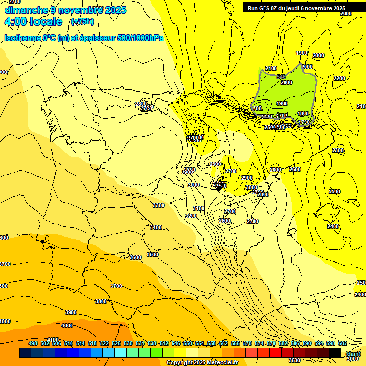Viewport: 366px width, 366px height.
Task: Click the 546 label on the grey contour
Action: [281, 77]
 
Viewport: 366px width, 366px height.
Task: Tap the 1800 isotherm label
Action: [303, 114]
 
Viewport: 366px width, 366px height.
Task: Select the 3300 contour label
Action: [159, 205]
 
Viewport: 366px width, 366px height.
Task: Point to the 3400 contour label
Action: [156, 227]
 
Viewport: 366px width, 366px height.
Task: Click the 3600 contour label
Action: [135, 257]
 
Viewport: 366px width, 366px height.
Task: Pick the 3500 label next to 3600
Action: [152, 254]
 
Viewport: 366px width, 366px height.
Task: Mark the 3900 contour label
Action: [71, 312]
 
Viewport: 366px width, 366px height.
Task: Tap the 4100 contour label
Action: [53, 340]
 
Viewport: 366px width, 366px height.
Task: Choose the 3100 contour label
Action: [199, 208]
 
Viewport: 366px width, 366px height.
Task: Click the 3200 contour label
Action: [191, 216]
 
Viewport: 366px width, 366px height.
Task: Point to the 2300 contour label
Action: [338, 150]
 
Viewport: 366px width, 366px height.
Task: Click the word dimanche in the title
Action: [26, 10]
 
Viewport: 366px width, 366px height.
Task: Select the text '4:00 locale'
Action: [33, 21]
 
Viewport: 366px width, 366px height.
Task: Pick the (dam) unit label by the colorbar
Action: [353, 354]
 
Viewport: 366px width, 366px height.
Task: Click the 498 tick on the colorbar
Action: [33, 343]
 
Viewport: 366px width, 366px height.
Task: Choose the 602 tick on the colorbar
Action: [342, 343]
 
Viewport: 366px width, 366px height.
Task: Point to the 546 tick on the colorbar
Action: [176, 343]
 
